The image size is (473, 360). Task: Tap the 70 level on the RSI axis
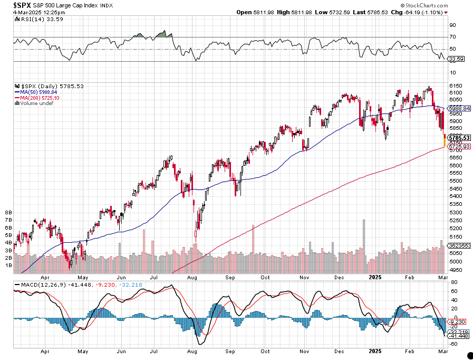[452, 37]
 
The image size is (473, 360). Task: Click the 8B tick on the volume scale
[8, 213]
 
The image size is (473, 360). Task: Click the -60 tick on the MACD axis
[453, 343]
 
